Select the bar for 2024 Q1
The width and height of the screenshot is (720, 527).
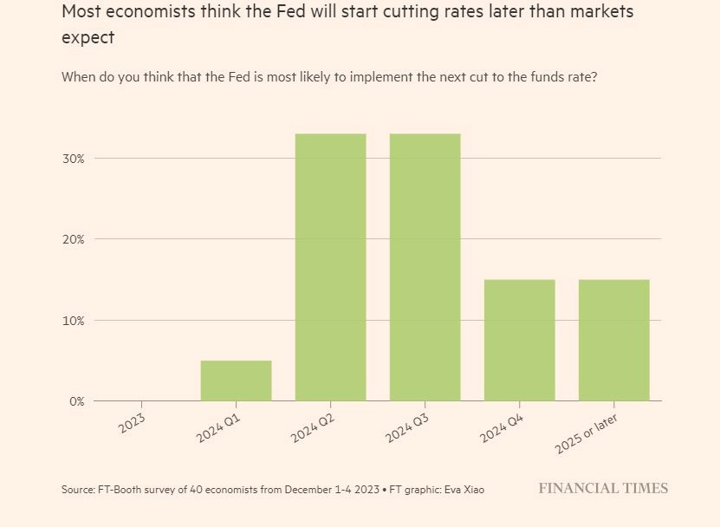(x=236, y=381)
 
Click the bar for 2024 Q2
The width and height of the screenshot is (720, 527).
(x=331, y=267)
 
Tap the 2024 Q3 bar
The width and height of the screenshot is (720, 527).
(x=425, y=267)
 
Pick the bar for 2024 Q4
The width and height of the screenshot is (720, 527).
(x=520, y=340)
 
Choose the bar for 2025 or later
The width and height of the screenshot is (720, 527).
(x=614, y=340)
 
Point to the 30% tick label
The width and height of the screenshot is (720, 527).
(x=74, y=159)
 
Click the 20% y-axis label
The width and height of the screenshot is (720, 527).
(x=74, y=239)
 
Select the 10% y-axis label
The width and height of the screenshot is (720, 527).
(x=74, y=321)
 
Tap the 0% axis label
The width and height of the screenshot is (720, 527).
(x=77, y=401)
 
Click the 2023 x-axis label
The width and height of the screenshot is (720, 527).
(x=132, y=423)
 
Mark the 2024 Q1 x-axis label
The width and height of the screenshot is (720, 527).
(x=218, y=428)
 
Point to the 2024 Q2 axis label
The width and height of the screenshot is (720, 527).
(x=313, y=428)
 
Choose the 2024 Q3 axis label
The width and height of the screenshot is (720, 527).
(x=407, y=428)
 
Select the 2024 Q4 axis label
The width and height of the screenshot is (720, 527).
(x=502, y=428)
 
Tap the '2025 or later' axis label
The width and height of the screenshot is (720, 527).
(x=587, y=433)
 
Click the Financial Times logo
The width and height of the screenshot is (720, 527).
(x=603, y=488)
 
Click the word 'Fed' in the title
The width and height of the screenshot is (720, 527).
(x=291, y=11)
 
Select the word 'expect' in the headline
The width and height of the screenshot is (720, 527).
(x=88, y=37)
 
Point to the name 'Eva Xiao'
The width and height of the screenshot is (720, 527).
(x=465, y=490)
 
